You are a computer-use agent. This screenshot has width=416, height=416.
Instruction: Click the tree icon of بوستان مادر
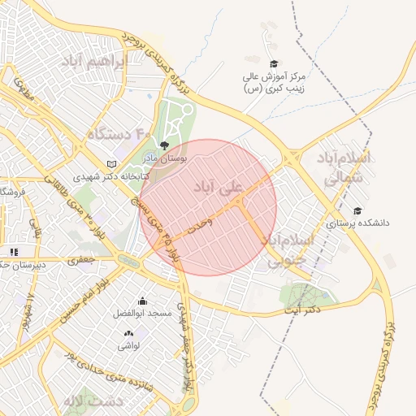point(165,146)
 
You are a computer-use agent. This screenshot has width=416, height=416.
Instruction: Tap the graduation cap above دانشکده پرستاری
point(358,210)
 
